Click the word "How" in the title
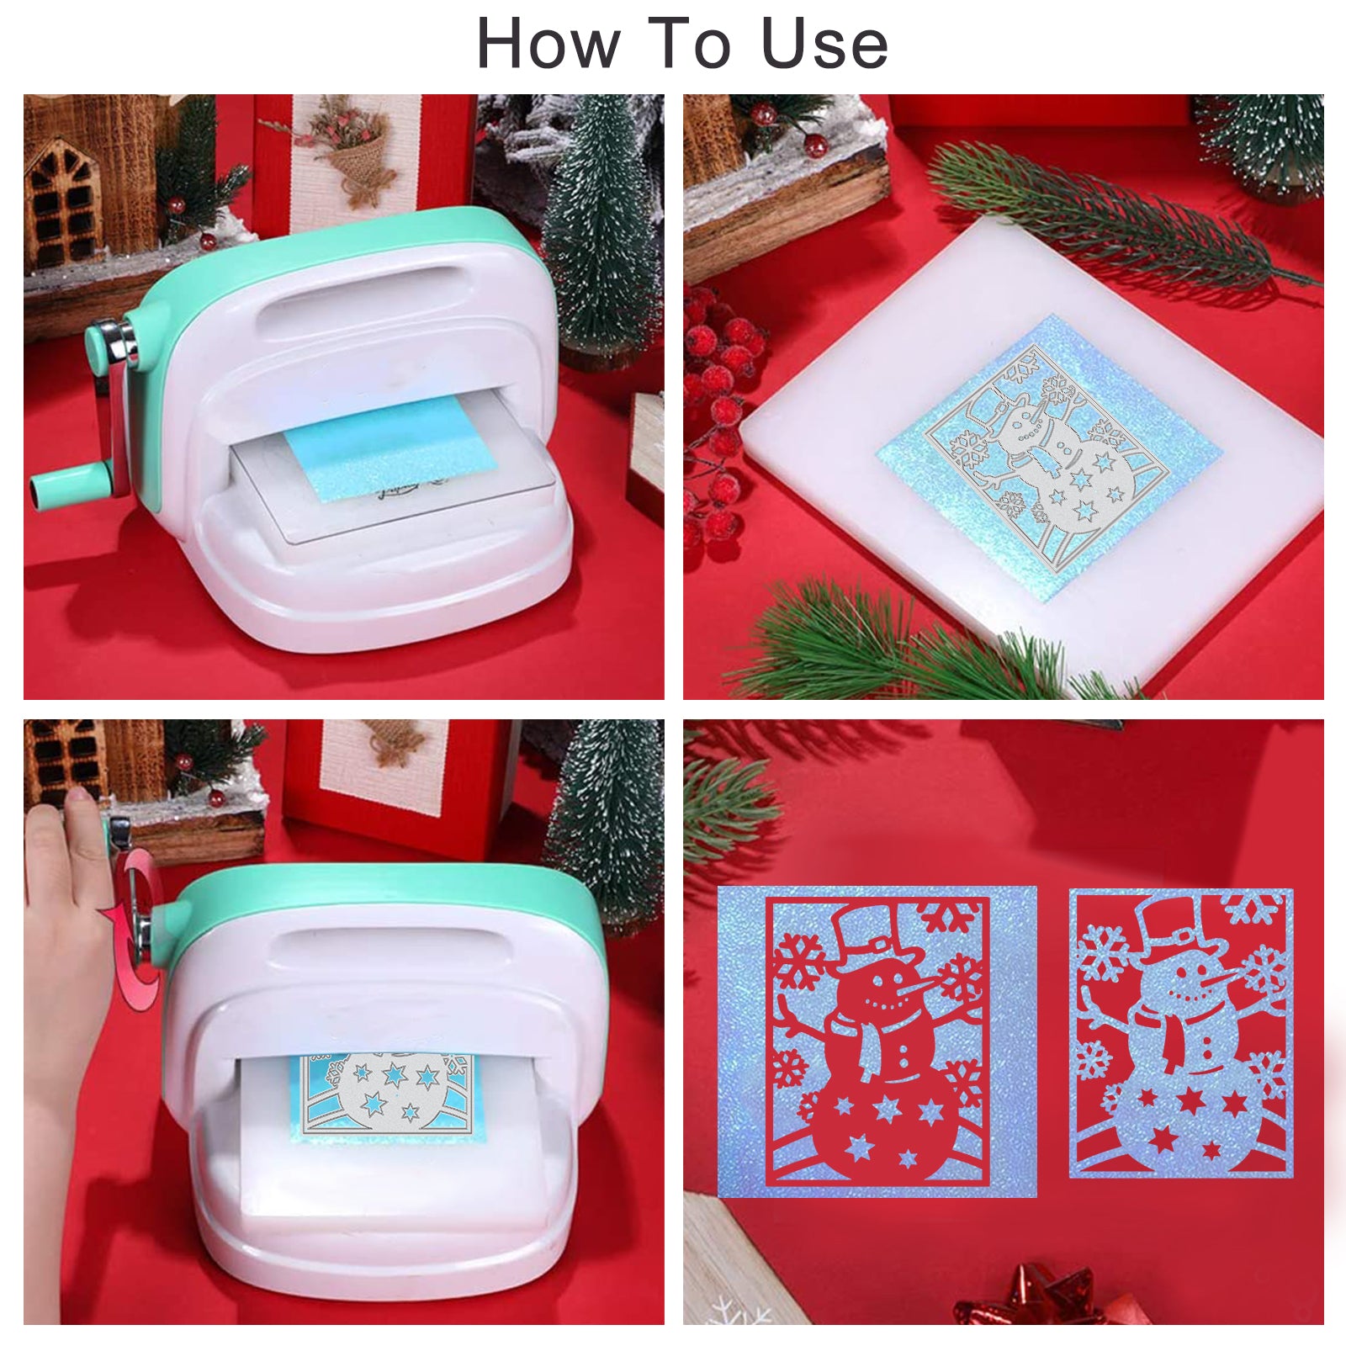tap(548, 43)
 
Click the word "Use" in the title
tap(824, 44)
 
